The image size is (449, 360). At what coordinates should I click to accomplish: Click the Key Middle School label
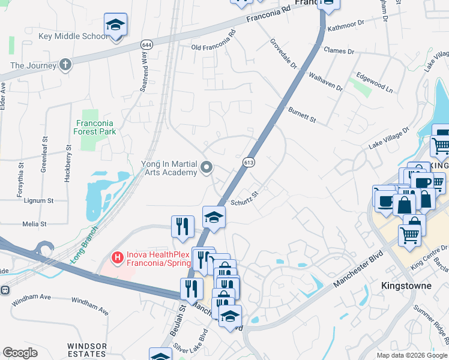(x=73, y=36)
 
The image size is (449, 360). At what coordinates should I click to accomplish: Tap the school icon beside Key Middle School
(x=115, y=25)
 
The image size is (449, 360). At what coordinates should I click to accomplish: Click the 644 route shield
(x=146, y=45)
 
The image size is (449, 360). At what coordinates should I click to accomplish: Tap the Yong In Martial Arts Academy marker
(x=206, y=167)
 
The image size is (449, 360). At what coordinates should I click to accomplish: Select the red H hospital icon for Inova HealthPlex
(x=118, y=257)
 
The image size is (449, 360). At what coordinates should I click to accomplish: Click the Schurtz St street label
(x=244, y=196)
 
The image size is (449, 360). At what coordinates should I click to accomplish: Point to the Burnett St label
(x=302, y=115)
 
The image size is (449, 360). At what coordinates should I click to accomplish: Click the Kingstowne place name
(x=406, y=286)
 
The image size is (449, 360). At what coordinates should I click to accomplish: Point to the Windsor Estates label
(x=87, y=350)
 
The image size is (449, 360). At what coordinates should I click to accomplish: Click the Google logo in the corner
(x=20, y=353)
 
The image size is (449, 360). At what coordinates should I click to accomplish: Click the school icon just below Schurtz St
(x=214, y=218)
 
